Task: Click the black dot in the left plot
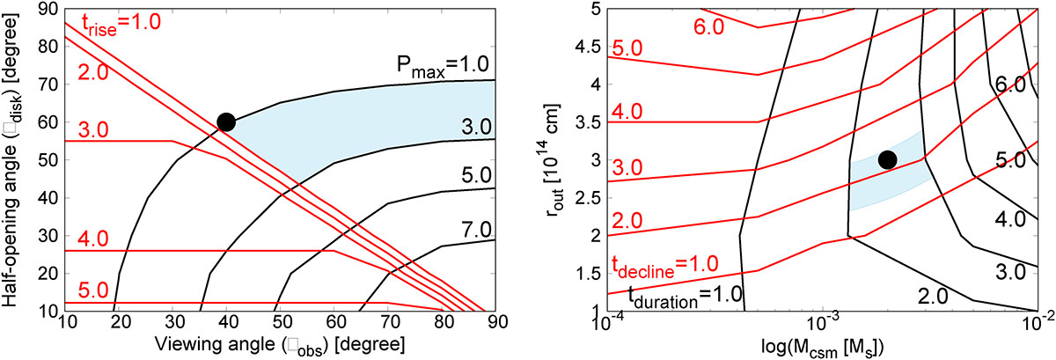tap(225, 122)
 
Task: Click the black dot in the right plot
tap(887, 159)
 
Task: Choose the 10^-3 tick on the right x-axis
tap(822, 325)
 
